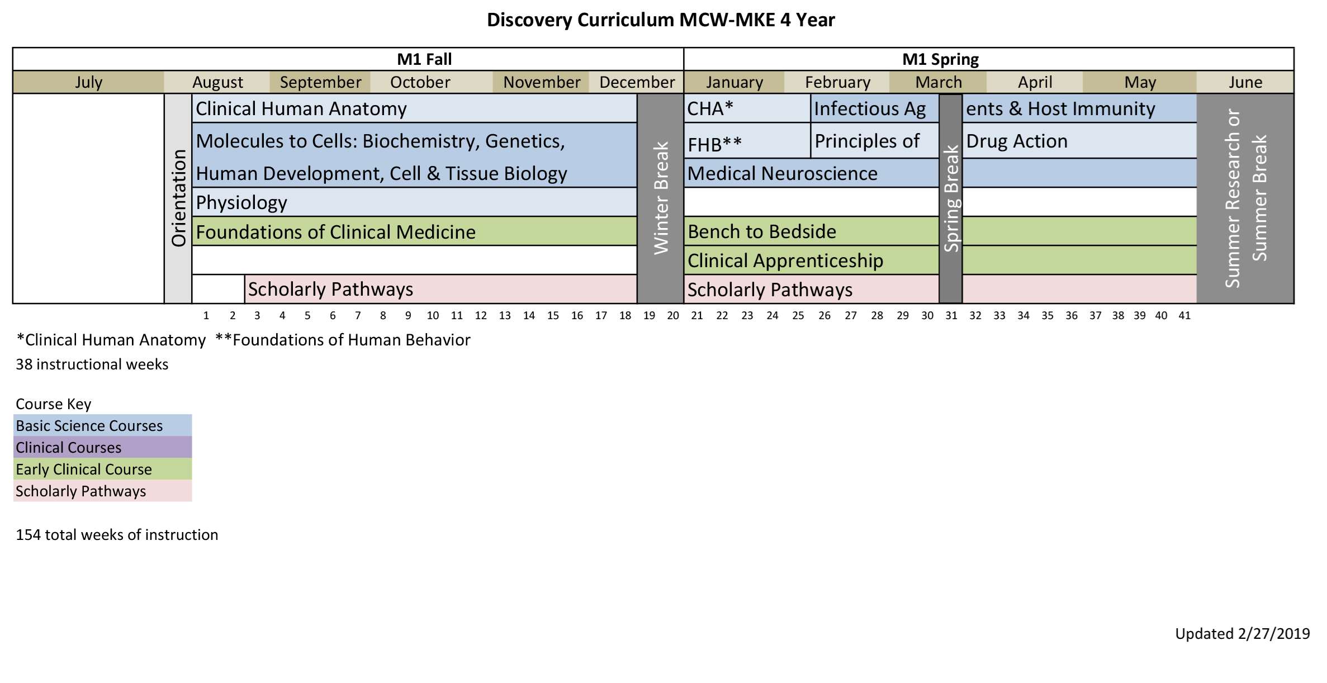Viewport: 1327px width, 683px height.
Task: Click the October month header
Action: click(420, 82)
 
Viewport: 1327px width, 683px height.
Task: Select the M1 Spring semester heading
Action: click(940, 59)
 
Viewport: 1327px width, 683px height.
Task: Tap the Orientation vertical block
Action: click(178, 198)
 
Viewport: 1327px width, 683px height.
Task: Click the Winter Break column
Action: click(660, 198)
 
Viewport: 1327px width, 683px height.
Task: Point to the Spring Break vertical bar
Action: click(951, 198)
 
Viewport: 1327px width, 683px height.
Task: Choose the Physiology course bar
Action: click(241, 202)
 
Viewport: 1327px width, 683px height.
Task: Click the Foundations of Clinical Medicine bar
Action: click(335, 232)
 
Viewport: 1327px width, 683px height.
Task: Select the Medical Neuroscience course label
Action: click(782, 173)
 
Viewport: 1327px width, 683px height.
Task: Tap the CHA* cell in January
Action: click(710, 108)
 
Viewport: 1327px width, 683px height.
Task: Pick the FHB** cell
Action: click(714, 144)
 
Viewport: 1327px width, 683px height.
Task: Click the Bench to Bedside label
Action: click(762, 231)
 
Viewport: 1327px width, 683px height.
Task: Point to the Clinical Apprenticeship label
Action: click(785, 260)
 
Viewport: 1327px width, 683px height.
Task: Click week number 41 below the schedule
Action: click(1184, 316)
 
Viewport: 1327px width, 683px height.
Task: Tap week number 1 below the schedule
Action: click(206, 316)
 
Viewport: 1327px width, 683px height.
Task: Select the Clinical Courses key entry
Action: click(69, 448)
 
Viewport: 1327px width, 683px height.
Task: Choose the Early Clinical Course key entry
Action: click(84, 469)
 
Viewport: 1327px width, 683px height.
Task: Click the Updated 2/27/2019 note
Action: click(1242, 634)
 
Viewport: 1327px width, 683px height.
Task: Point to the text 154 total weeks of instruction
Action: click(117, 535)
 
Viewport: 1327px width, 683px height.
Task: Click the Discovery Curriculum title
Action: click(661, 20)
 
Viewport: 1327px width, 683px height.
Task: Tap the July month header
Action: click(88, 82)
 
